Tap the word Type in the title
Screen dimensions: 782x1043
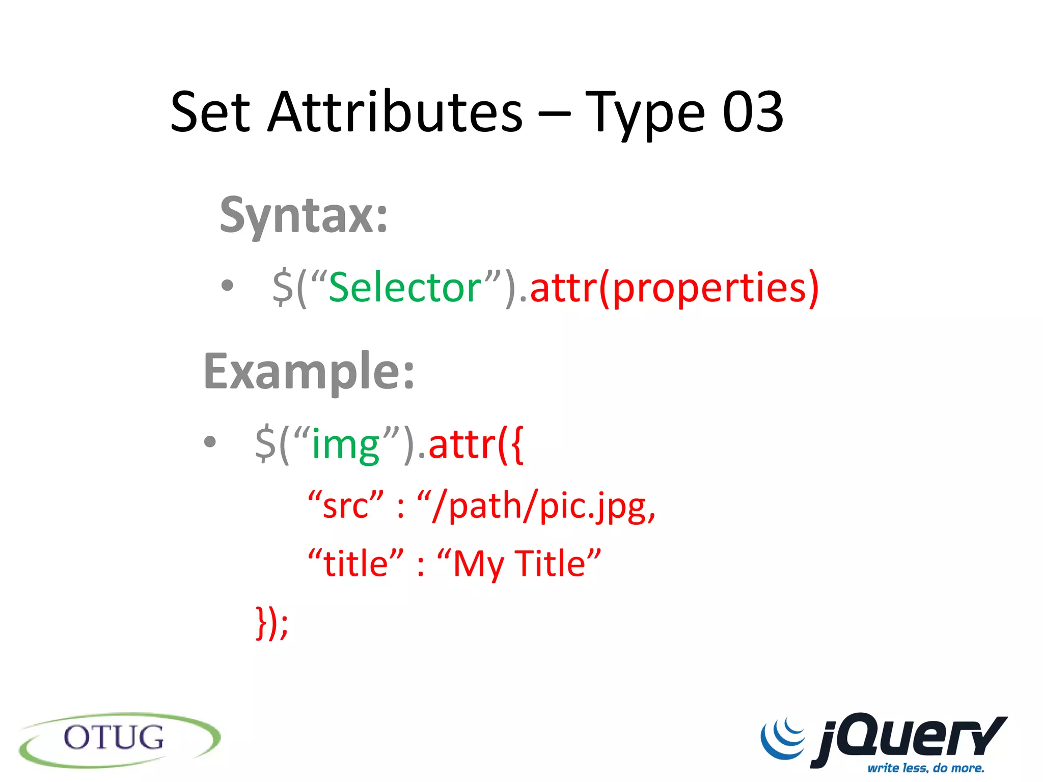click(x=645, y=113)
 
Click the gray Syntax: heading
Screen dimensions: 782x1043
click(x=304, y=216)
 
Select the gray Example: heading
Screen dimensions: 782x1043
click(x=309, y=372)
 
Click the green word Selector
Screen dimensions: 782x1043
click(x=405, y=288)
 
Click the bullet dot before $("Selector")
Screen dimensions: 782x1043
click(x=228, y=286)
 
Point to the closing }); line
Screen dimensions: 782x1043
click(x=272, y=622)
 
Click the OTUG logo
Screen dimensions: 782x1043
click(x=120, y=739)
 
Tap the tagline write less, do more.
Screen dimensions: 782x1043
click(x=926, y=768)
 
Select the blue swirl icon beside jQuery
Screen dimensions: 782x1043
click(x=783, y=737)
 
